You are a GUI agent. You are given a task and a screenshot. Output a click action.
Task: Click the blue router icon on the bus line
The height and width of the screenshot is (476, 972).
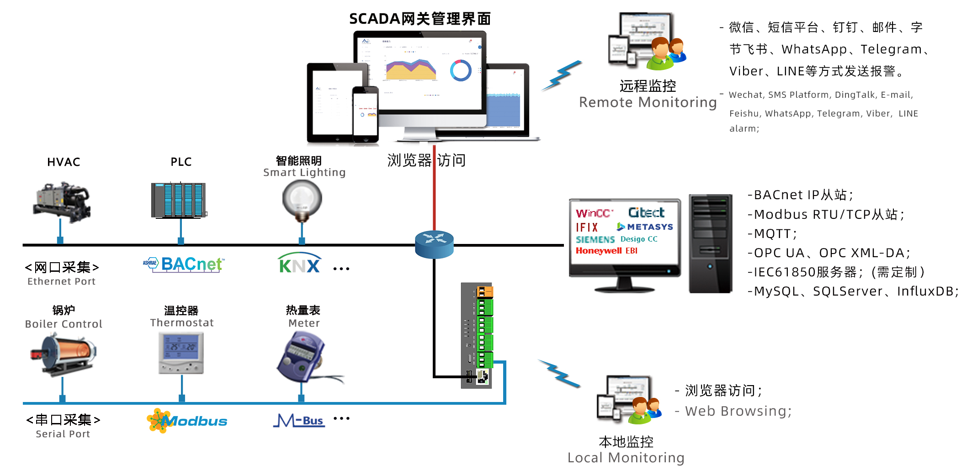434,244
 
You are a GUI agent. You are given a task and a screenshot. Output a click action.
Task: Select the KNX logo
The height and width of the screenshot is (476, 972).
299,264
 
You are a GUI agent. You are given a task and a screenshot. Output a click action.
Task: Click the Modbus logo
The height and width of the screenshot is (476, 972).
187,421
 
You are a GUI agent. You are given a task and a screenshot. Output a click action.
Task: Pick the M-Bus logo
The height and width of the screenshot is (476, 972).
299,420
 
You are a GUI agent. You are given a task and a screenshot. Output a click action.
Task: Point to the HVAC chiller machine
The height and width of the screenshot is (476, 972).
62,201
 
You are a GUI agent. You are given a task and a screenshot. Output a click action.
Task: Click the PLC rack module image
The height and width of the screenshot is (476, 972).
179,201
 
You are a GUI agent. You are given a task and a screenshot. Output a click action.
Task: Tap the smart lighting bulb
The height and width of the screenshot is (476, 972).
302,199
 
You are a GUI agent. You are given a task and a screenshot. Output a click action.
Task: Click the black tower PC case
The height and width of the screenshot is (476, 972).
710,243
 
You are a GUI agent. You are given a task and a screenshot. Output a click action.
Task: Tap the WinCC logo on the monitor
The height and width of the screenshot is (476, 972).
594,213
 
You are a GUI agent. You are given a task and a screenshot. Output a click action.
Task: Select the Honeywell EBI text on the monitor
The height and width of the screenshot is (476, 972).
606,251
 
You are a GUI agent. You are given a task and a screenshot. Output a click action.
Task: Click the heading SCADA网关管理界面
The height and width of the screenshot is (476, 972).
420,19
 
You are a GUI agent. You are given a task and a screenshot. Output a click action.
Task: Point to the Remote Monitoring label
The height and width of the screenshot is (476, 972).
648,102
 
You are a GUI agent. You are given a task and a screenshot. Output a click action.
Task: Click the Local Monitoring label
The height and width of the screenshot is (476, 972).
626,458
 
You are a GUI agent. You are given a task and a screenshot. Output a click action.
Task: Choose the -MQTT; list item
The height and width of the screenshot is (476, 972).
772,234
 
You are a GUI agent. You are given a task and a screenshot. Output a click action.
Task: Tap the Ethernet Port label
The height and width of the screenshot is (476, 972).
62,281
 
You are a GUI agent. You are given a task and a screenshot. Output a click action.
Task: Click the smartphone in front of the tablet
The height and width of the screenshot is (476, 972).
365,114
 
